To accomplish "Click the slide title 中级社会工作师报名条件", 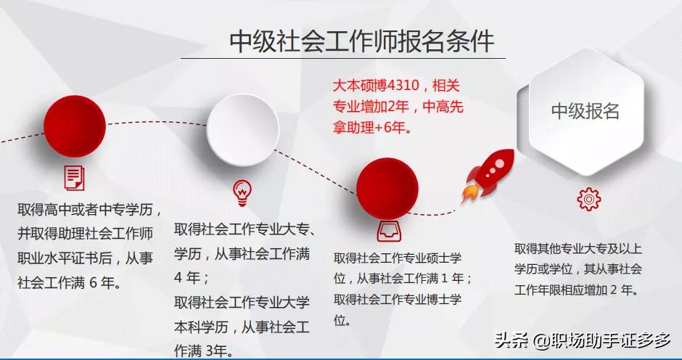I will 361,41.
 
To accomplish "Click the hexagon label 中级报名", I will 585,111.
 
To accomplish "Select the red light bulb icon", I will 242,192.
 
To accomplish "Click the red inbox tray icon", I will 387,231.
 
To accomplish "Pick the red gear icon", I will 588,198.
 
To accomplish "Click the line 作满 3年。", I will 203,351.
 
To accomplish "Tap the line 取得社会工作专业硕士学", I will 398,258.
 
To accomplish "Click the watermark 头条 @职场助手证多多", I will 583,340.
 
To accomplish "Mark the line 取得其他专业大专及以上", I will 578,248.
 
